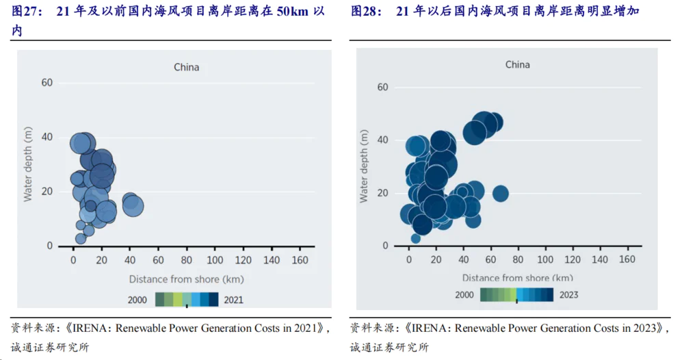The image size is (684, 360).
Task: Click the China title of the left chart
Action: point(186,67)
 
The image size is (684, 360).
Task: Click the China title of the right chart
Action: point(517,64)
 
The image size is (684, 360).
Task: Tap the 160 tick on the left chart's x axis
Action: point(300,260)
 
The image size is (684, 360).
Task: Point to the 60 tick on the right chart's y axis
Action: point(382,87)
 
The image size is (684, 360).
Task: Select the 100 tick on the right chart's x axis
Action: point(545,259)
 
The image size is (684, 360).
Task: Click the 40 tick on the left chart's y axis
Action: point(47,137)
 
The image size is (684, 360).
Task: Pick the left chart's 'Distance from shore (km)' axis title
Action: point(186,279)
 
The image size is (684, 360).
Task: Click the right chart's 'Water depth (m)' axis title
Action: point(364,167)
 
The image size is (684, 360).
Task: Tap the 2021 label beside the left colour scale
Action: point(233,299)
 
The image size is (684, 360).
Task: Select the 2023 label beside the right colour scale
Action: point(568,295)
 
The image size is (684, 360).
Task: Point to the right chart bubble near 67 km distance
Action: point(500,194)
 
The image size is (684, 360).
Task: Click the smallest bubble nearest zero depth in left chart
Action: point(81,238)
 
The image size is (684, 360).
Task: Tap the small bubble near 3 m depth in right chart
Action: point(415,238)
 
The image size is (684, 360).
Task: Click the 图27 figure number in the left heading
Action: point(25,12)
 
